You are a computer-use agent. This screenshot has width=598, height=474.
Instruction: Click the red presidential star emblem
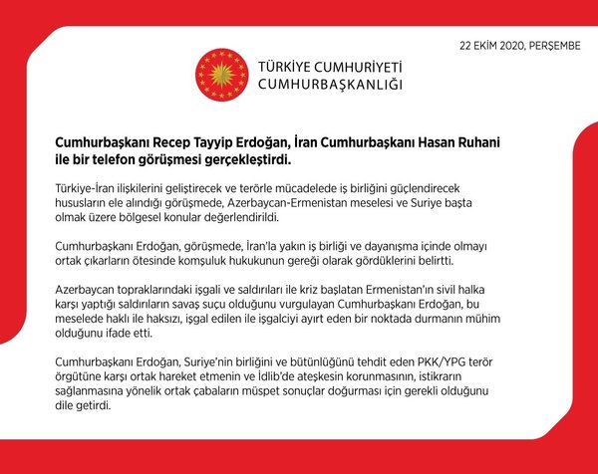tap(221, 74)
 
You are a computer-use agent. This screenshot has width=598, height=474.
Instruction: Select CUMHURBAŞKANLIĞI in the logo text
tap(330, 85)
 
